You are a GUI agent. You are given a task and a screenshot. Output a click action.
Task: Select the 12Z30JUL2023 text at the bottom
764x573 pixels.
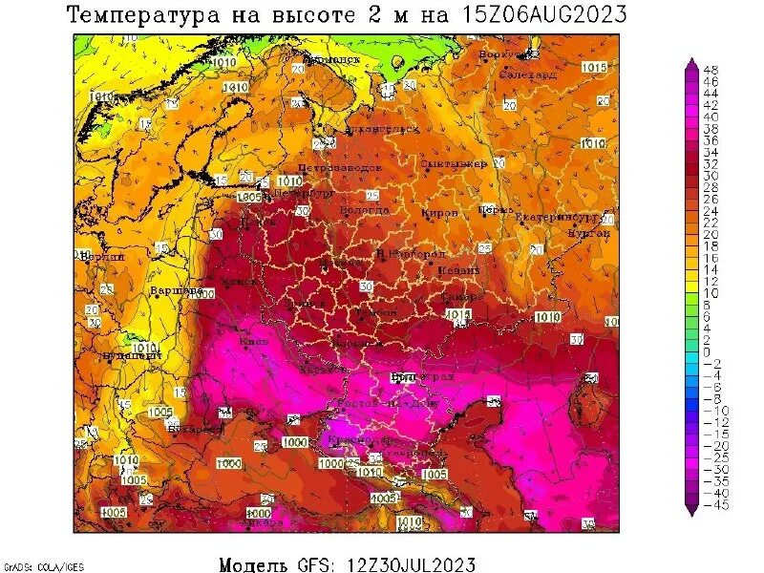(x=407, y=564)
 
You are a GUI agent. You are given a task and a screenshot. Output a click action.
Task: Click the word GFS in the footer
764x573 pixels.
(x=311, y=564)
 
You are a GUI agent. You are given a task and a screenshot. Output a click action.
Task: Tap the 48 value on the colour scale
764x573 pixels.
(x=711, y=70)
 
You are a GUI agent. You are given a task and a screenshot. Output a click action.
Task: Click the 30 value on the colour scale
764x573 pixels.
(x=711, y=175)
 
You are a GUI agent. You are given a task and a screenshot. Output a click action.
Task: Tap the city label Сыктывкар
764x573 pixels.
(x=454, y=163)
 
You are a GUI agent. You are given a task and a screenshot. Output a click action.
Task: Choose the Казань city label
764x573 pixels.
(x=459, y=271)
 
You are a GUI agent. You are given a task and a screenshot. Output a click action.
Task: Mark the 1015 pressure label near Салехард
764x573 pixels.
(x=594, y=67)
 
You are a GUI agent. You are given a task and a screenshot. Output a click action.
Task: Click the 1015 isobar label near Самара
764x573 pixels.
(x=458, y=312)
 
